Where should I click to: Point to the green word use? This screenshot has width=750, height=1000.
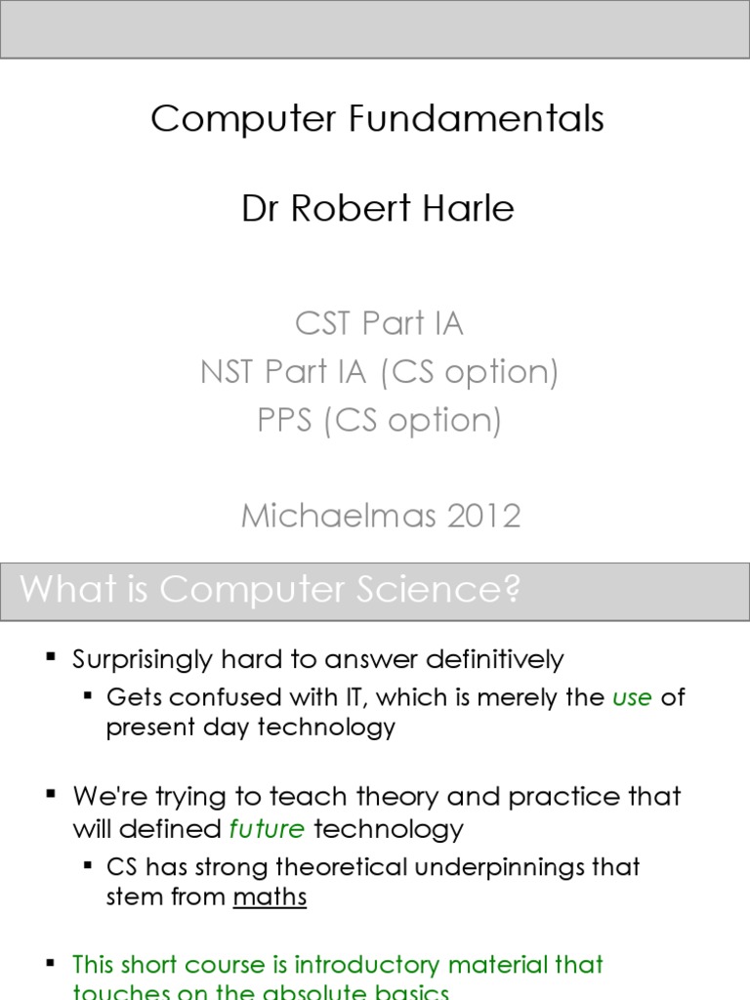(x=631, y=698)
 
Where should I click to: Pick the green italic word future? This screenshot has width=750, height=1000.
(x=267, y=830)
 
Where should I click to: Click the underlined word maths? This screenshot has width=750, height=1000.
(x=270, y=897)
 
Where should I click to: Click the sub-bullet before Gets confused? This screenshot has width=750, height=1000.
(x=88, y=695)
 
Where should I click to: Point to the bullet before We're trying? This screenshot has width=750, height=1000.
(x=50, y=793)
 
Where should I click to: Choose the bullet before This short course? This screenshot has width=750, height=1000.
(x=50, y=963)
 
